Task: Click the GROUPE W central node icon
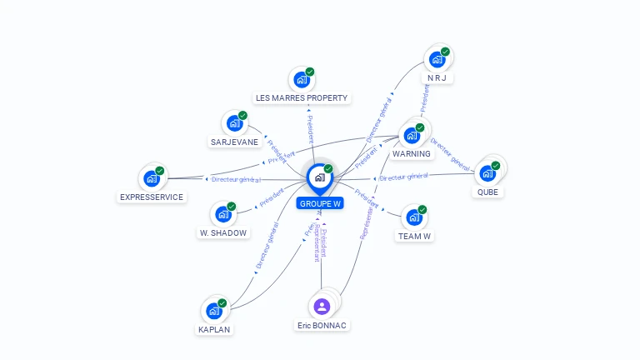319,177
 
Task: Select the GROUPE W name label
320,203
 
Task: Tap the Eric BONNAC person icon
322,306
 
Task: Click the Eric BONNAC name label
322,325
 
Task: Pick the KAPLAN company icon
213,312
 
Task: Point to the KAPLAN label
214,329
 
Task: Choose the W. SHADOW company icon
223,214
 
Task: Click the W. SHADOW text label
223,233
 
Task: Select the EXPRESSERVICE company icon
152,178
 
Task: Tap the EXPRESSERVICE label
152,197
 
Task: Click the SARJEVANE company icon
235,123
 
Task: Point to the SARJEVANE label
234,142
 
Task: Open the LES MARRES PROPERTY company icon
302,80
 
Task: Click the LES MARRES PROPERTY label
302,98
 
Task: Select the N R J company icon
437,60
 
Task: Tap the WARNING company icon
412,135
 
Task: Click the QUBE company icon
487,173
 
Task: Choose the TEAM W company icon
414,217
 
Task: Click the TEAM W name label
414,236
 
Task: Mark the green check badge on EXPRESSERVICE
159,171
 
